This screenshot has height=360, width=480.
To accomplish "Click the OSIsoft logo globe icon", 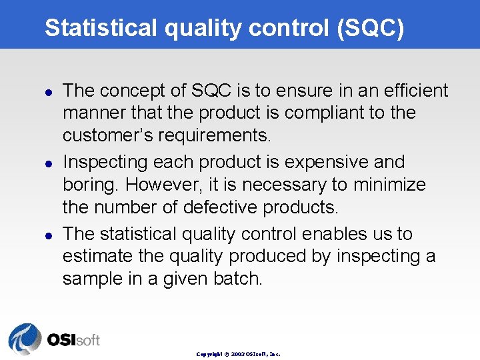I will pyautogui.click(x=25, y=339).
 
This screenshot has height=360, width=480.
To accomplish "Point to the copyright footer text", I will pyautogui.click(x=238, y=354).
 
